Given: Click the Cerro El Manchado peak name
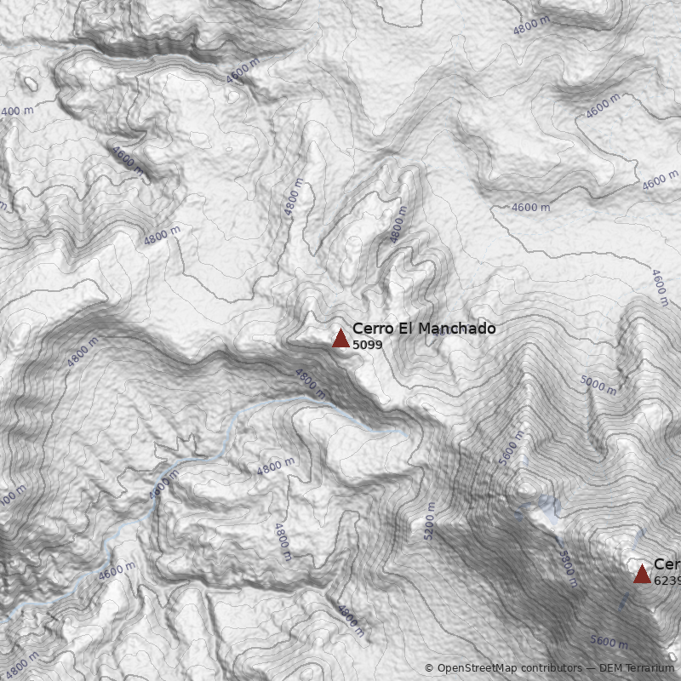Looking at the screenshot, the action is pos(423,329).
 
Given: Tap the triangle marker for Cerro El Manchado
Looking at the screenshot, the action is pos(340,338).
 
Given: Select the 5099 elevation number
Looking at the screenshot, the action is pos(367,345).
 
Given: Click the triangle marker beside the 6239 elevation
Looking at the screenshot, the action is pos(642,574).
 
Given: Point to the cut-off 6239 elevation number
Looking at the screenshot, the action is pos(667,580).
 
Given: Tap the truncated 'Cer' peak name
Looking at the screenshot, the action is pos(666,564).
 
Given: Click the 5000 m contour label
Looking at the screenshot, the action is pos(598,385).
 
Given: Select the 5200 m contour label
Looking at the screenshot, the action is pos(429,521).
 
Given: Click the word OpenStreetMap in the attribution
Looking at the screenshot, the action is pos(477,668).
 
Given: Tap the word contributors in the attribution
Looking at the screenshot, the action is pos(553,668).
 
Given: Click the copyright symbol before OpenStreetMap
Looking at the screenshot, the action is pos(429,668).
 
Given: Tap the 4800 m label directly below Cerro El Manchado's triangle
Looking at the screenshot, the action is pos(310,383).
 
